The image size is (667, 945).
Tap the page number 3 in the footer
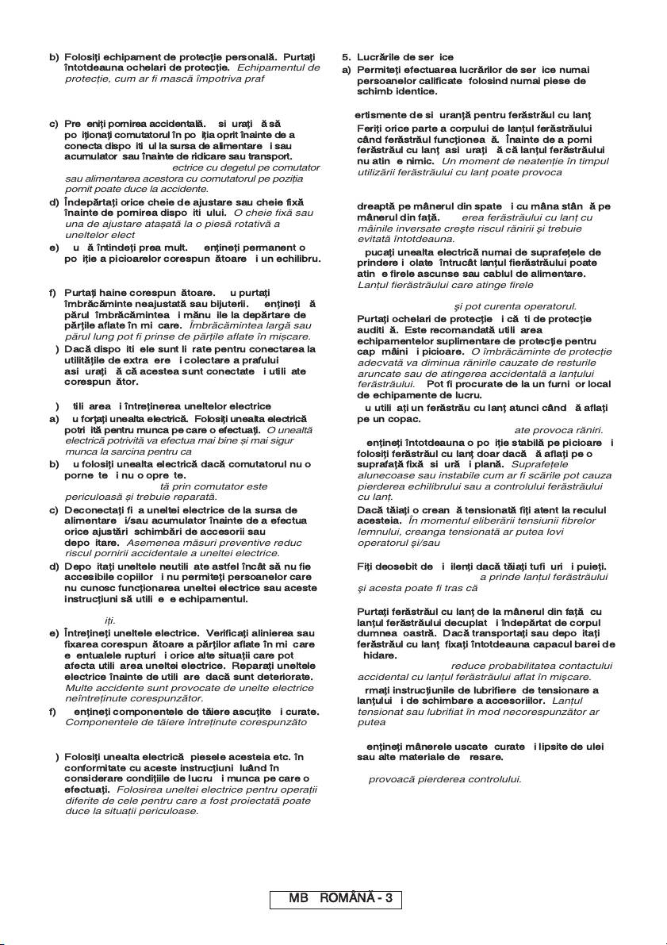[389, 899]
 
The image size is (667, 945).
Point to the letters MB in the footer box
[297, 899]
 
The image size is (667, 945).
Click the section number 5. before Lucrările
[347, 57]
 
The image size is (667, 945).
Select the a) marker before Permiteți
[347, 69]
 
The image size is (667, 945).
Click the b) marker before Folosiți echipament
[53, 57]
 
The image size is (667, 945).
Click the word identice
[412, 91]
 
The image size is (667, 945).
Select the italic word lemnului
[380, 531]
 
